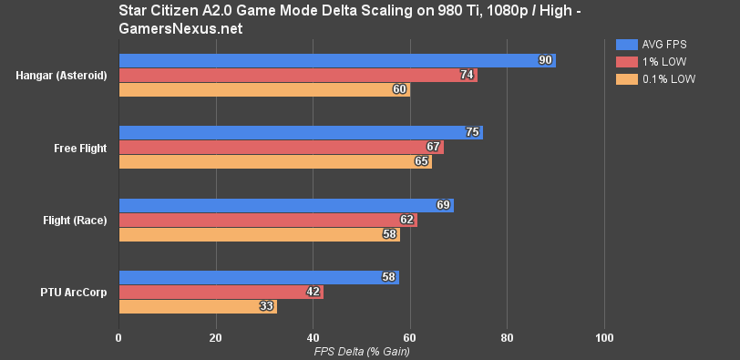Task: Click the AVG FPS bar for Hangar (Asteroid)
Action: click(337, 60)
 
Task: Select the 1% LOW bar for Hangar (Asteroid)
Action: click(298, 75)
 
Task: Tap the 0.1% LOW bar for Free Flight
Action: click(275, 161)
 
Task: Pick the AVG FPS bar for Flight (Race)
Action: click(286, 205)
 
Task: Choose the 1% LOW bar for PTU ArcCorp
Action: click(221, 293)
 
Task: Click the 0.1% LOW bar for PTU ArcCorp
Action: click(198, 307)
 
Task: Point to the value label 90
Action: click(546, 60)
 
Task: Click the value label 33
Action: click(267, 307)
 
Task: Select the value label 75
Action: click(473, 132)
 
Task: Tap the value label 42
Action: click(313, 293)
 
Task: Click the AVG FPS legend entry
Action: click(650, 44)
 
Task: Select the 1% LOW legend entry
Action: click(650, 62)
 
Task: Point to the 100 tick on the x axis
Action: click(604, 337)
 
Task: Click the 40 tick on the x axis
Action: click(313, 337)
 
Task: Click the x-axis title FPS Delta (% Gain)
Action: click(361, 351)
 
